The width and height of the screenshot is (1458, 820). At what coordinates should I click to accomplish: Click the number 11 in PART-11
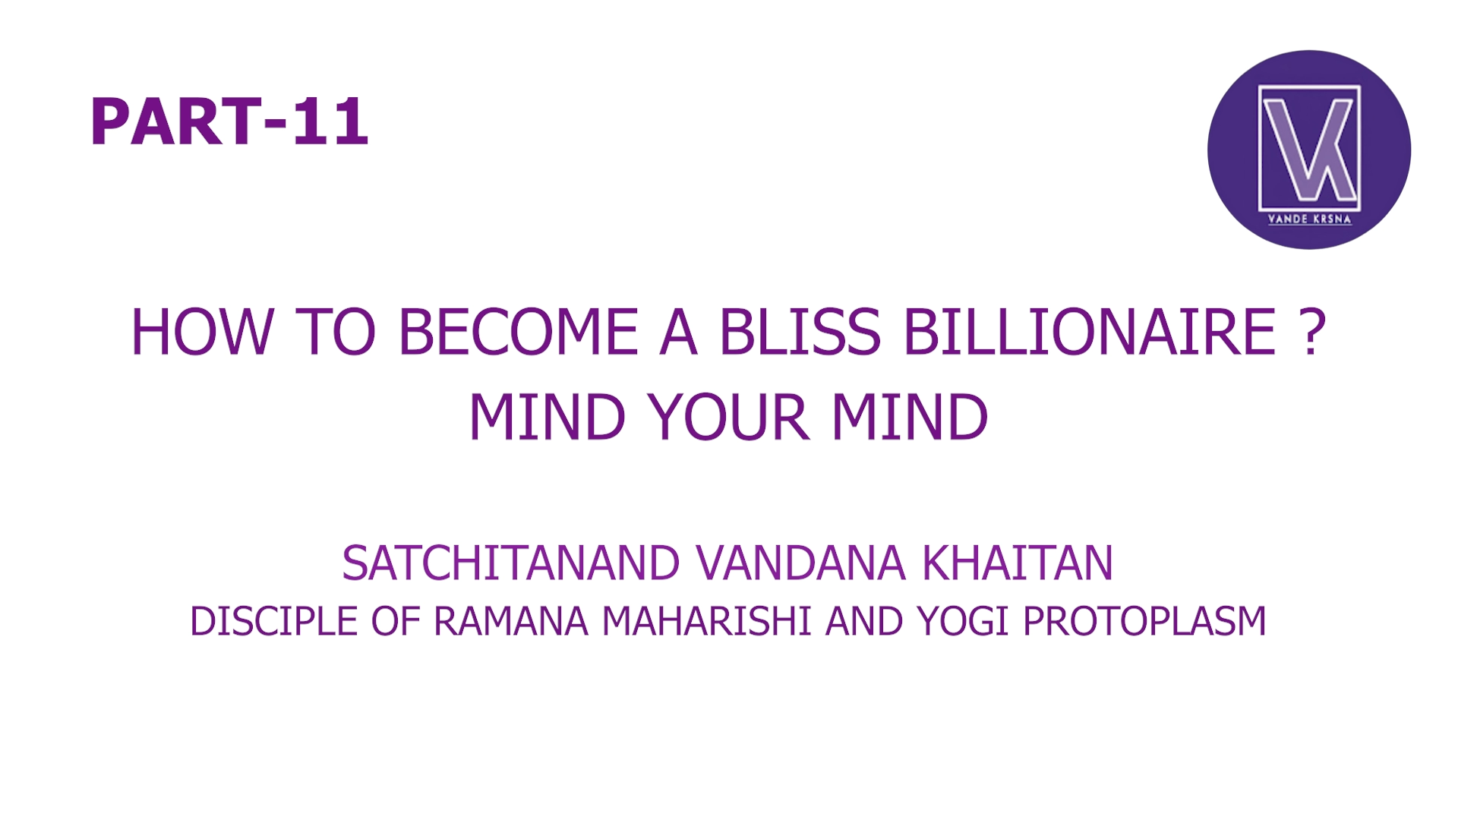(x=330, y=122)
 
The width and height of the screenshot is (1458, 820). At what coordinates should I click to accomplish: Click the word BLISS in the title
(x=800, y=332)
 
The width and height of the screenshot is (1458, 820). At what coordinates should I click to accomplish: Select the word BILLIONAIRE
(x=1090, y=332)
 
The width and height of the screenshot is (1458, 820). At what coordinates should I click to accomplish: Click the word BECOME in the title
(x=518, y=332)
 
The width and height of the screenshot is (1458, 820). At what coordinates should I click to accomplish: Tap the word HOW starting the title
(x=201, y=332)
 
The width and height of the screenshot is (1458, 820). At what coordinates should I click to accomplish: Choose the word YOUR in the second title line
(x=727, y=417)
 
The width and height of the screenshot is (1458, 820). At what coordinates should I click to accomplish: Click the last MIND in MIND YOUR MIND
(x=910, y=417)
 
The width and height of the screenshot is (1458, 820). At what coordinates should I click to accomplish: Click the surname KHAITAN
(x=1018, y=563)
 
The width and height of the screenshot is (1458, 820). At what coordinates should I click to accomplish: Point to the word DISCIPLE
(x=273, y=621)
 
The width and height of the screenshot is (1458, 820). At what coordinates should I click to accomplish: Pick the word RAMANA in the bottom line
(x=510, y=621)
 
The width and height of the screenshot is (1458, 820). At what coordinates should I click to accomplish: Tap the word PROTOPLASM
(x=1144, y=621)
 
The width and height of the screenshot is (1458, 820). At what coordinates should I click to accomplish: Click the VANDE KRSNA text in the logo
(x=1309, y=219)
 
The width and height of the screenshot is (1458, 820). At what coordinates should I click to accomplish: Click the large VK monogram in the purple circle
(x=1309, y=149)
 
